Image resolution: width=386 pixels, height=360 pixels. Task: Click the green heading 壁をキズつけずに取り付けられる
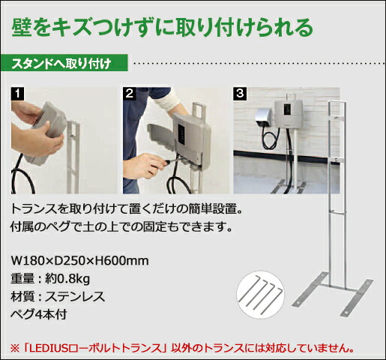161,28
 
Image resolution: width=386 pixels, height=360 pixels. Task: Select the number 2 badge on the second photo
130,94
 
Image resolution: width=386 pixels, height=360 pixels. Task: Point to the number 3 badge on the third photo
241,94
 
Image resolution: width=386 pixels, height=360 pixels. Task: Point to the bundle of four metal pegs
260,291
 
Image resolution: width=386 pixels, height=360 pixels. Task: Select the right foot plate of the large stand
361,298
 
